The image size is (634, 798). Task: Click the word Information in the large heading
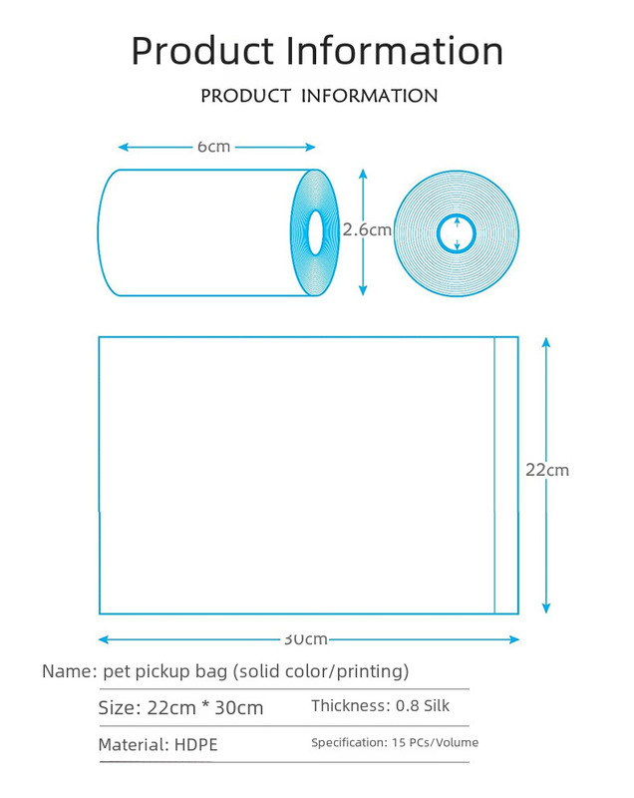tap(395, 50)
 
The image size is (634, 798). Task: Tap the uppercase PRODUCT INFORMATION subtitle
tap(319, 96)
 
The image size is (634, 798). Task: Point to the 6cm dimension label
tap(213, 147)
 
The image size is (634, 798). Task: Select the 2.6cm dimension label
tap(367, 229)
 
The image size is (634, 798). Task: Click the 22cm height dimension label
tap(547, 469)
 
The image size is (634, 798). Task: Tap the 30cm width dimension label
tap(305, 638)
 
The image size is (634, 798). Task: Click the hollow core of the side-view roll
tap(315, 232)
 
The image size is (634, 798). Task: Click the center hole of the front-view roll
tap(457, 233)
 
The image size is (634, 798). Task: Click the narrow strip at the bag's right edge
tap(506, 475)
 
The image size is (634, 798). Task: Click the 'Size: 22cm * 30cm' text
tap(180, 708)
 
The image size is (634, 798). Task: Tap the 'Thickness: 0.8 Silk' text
tap(381, 706)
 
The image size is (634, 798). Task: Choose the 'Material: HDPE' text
tap(158, 745)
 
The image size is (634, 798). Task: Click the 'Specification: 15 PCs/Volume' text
tap(395, 742)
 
